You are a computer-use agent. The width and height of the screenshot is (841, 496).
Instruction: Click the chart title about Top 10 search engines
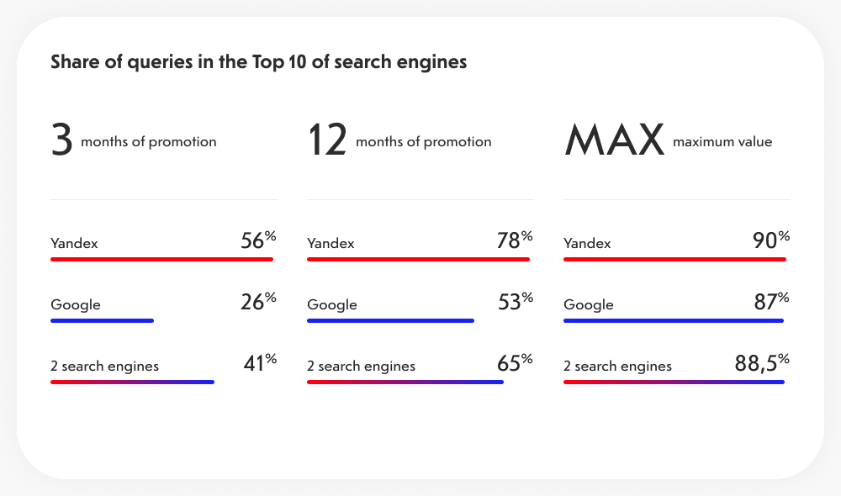point(258,62)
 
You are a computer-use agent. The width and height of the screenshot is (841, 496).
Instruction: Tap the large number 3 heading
point(61,140)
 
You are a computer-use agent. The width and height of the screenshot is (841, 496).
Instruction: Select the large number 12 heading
point(327,140)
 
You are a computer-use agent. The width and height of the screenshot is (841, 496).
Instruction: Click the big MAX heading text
point(614,140)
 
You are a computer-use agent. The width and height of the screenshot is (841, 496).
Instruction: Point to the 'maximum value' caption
point(722,142)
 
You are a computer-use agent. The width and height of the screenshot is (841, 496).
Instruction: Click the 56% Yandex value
point(258,241)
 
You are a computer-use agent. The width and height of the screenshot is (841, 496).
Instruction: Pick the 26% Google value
point(258,302)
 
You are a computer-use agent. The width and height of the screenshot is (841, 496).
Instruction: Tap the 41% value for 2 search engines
point(259,363)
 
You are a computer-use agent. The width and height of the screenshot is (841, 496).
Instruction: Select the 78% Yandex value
point(515,241)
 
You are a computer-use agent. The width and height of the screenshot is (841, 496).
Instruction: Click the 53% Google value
point(515,302)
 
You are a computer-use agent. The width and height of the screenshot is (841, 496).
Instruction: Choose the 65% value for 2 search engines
point(515,363)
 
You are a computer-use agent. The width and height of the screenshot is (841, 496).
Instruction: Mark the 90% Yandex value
point(771,241)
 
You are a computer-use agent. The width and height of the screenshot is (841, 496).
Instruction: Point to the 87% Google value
point(771,302)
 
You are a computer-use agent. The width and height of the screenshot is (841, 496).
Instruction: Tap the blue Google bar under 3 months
point(102,320)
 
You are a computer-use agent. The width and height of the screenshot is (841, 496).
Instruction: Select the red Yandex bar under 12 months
point(418,259)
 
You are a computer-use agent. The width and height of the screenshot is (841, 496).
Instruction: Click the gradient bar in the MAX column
point(674,382)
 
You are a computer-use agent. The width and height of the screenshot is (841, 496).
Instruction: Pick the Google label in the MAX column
point(588,305)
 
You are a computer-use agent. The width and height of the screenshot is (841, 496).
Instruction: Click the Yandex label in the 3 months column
point(74,244)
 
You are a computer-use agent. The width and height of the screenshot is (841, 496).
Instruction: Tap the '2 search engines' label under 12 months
point(361,367)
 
